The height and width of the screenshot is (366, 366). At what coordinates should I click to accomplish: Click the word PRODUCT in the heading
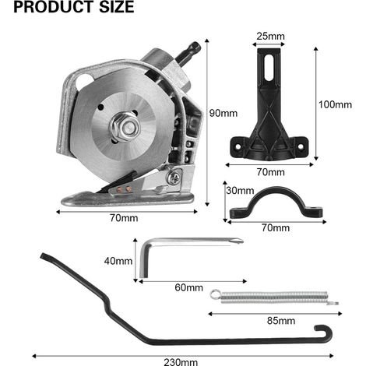coord(54,7)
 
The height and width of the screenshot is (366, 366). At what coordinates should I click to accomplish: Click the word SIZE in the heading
coord(117,7)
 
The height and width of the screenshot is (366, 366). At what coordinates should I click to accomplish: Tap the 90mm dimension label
coord(223,113)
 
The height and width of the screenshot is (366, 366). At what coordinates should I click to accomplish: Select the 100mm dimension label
coord(335,104)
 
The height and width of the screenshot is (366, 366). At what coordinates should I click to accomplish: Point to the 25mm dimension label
coord(270,36)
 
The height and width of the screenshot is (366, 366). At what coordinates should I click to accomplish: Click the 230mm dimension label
coord(181,362)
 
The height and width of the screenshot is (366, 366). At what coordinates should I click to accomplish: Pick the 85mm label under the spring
coord(281,321)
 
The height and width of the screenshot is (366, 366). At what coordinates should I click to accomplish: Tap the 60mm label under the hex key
coord(188,287)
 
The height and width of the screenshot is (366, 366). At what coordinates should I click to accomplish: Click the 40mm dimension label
coord(118,261)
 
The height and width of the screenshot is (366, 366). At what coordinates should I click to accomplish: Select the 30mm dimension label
coord(240,191)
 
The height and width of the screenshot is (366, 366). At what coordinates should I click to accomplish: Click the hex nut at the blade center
coord(126,127)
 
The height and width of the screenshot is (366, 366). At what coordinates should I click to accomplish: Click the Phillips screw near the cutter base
coord(174,178)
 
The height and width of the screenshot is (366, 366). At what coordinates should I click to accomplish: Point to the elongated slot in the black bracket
coord(269,67)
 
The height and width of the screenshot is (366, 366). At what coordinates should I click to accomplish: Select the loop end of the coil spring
coord(215,294)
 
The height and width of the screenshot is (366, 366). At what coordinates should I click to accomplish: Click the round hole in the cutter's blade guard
coord(83,81)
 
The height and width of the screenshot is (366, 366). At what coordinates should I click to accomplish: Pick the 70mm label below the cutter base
coord(124,218)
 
